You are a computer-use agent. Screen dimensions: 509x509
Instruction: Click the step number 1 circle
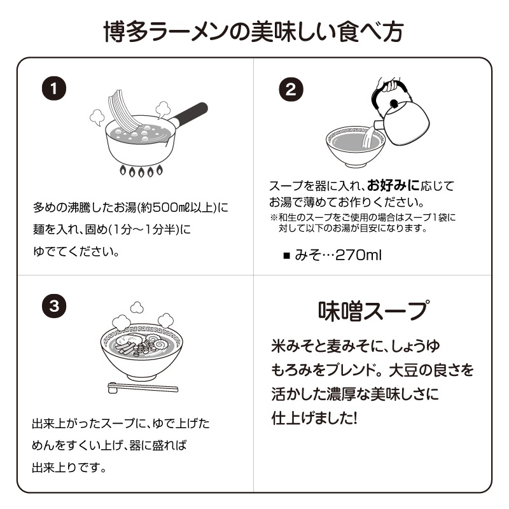pyautogui.click(x=54, y=89)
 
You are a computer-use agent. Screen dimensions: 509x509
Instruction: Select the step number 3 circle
pyautogui.click(x=54, y=305)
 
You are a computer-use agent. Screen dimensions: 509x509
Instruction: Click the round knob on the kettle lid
pyautogui.click(x=394, y=102)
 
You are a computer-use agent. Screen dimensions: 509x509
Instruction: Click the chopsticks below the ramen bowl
pyautogui.click(x=142, y=387)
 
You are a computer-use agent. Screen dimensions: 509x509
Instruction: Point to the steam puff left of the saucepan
pyautogui.click(x=97, y=116)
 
